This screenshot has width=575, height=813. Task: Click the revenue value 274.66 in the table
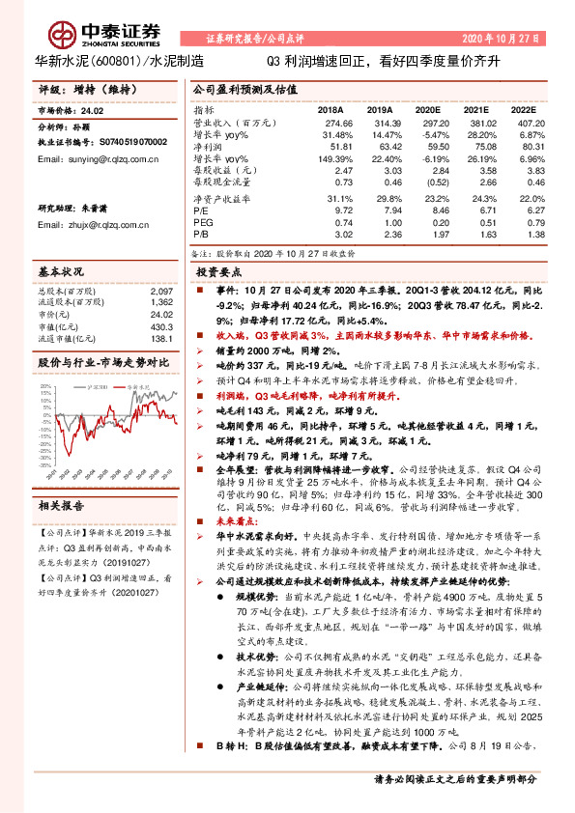(x=333, y=125)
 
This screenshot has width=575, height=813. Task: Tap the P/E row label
(x=202, y=208)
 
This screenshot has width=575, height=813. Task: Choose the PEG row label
(x=203, y=219)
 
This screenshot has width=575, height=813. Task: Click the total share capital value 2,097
(x=162, y=290)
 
